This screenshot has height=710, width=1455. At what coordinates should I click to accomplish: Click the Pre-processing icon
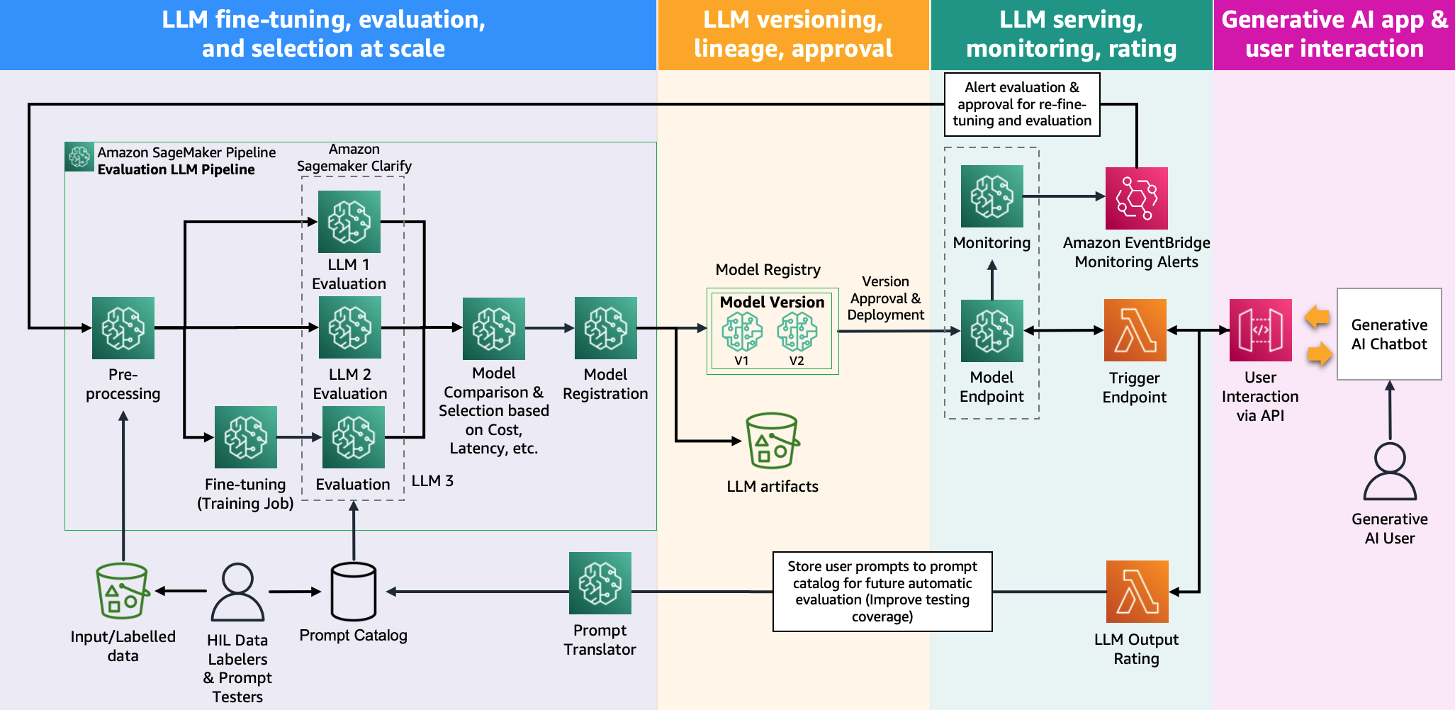(123, 328)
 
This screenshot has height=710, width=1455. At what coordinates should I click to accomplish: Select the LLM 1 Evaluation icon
(349, 222)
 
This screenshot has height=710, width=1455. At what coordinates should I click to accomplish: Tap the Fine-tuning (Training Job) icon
(246, 437)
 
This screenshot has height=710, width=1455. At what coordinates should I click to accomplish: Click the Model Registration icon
(606, 328)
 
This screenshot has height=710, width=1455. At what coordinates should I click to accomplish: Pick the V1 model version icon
(741, 332)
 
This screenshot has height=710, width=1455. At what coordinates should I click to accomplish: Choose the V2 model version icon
(797, 332)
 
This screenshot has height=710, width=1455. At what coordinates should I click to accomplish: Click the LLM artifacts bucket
(773, 441)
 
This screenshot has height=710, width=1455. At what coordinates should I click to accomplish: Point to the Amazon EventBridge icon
(1137, 198)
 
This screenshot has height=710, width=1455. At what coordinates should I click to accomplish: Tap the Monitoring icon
(992, 196)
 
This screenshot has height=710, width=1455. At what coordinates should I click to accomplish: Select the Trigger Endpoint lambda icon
(1135, 330)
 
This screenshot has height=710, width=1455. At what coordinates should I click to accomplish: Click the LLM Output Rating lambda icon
(1137, 592)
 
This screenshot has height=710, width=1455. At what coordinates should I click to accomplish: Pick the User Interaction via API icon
(1261, 330)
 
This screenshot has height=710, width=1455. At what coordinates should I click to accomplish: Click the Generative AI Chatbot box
(1389, 334)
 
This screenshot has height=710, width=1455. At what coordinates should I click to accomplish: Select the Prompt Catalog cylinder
(354, 592)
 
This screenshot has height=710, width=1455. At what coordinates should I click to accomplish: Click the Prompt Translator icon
(600, 583)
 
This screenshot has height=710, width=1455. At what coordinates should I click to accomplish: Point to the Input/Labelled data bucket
(123, 591)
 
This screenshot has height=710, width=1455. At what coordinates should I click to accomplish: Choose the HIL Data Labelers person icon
(237, 592)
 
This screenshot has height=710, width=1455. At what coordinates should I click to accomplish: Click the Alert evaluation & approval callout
(1022, 104)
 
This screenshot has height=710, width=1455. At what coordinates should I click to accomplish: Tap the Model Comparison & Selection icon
(494, 329)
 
